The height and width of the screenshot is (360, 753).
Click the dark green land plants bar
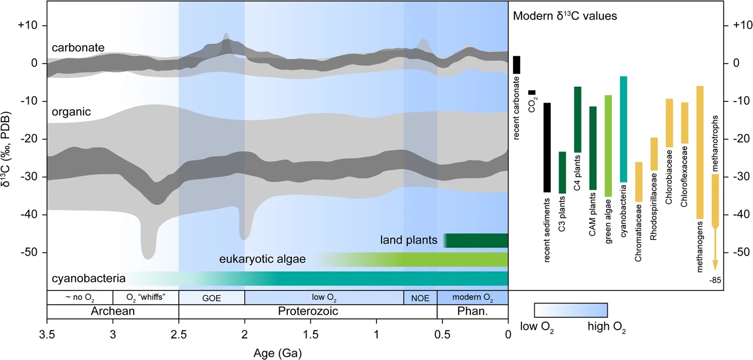point(477,241)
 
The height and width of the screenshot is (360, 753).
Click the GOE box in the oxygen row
point(212,297)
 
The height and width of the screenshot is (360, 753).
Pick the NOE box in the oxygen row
point(420,297)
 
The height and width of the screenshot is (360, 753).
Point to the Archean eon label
point(112,311)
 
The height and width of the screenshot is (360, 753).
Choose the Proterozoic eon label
point(308,311)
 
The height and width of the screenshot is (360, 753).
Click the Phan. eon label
point(472,311)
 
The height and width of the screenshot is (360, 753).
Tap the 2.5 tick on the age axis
point(179,333)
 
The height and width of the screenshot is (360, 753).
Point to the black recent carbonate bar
point(517,65)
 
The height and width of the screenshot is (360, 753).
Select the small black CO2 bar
point(532,92)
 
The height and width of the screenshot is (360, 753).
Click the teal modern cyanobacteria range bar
point(623,129)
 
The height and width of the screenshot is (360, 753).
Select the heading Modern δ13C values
point(564,16)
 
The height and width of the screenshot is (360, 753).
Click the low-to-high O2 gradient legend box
point(571,310)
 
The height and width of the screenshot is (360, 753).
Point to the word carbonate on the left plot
point(78,47)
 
